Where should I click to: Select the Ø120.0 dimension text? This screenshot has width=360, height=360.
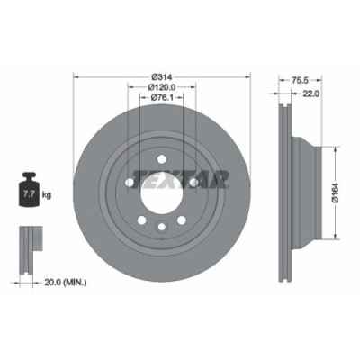[162, 87]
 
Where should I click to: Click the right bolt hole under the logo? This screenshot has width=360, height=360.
[193, 183]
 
